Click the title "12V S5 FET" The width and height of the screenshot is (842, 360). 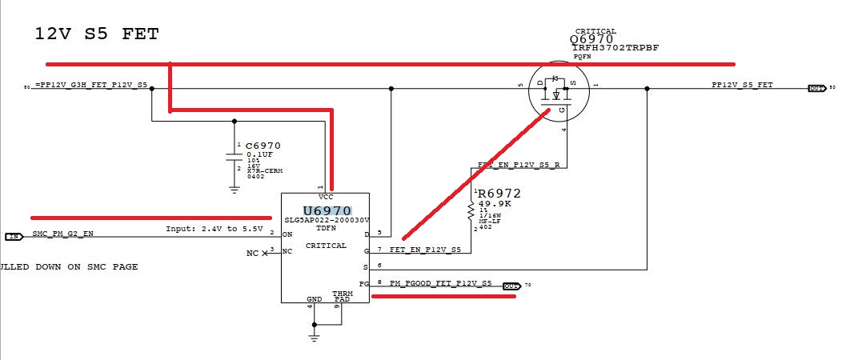(97, 34)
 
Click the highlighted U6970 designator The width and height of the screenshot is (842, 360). (327, 210)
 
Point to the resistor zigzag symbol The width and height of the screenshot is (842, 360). (471, 210)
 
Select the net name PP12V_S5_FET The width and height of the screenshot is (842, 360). (742, 84)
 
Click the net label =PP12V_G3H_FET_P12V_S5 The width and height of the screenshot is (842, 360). (90, 84)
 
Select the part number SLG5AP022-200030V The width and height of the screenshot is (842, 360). (326, 220)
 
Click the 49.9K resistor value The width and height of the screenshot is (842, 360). (494, 203)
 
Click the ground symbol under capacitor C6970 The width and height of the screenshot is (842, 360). (234, 189)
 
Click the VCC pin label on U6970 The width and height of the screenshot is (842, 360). (325, 197)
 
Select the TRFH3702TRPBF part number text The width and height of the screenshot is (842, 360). (615, 48)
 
